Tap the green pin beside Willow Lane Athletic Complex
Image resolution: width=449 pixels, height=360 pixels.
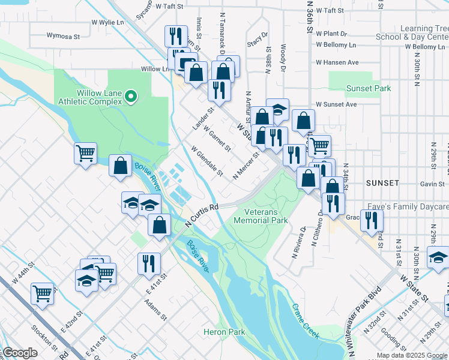pyautogui.click(x=134, y=96)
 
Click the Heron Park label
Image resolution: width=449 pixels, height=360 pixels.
pyautogui.click(x=224, y=332)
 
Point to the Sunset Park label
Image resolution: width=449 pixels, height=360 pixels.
pyautogui.click(x=368, y=88)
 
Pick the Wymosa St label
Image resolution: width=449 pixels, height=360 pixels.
pyautogui.click(x=63, y=37)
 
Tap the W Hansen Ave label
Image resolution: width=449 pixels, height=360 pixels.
pyautogui.click(x=337, y=62)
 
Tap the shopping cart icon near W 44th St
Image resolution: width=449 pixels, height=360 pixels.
pyautogui.click(x=42, y=294)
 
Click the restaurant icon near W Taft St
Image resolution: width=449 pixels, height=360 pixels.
pyautogui.click(x=175, y=36)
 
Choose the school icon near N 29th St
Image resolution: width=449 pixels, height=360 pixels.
pyautogui.click(x=438, y=258)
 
